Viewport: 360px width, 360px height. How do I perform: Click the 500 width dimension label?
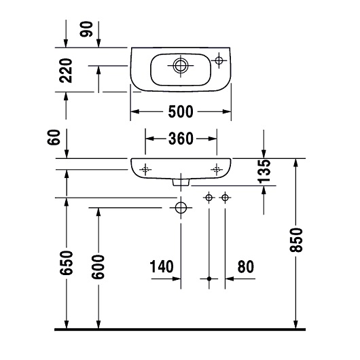point(181,112)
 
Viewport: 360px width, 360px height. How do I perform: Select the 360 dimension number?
point(181,139)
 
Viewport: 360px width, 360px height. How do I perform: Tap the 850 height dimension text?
point(296,240)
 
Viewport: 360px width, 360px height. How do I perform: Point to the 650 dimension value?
point(67,263)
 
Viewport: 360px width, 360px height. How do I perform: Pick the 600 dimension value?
point(98,267)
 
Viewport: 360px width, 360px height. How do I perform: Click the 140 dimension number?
point(162,266)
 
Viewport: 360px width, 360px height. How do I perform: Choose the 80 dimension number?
point(246,267)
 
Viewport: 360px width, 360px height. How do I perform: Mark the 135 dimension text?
point(264,171)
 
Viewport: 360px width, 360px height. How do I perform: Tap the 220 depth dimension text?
point(66,71)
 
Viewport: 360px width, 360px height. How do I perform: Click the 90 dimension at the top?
point(86,29)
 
